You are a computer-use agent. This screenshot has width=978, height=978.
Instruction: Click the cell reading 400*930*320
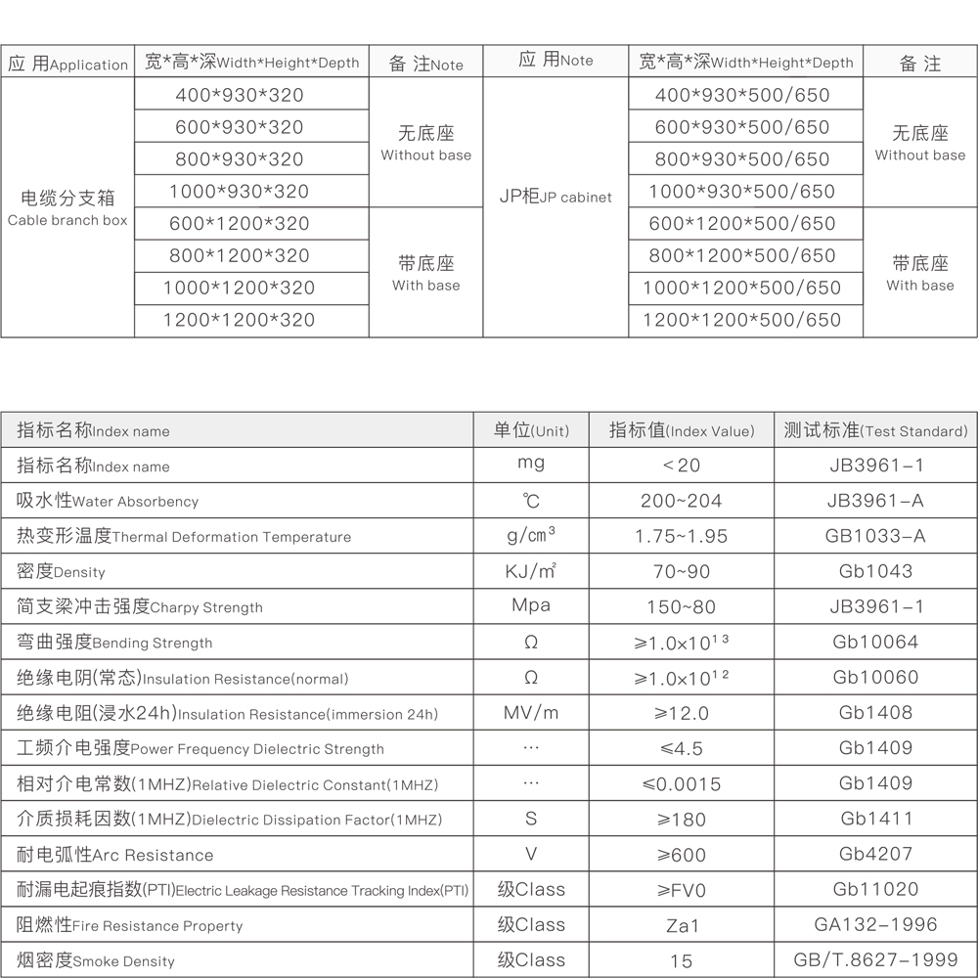240,95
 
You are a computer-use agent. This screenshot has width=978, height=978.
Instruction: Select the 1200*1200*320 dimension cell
240,320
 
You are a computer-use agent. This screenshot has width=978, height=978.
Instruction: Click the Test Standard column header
876,430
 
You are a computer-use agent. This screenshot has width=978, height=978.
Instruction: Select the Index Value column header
682,430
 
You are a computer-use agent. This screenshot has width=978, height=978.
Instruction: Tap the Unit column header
531,430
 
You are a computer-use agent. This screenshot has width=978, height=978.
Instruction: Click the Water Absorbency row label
108,501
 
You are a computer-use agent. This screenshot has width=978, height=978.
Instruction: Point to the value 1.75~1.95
682,536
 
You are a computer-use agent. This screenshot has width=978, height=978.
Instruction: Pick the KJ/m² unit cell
531,571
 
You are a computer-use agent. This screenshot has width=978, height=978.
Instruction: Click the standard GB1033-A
876,536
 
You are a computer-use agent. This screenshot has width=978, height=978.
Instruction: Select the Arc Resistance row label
115,855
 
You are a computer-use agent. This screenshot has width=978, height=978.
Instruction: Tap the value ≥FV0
682,890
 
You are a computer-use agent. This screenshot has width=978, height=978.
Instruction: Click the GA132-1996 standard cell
876,924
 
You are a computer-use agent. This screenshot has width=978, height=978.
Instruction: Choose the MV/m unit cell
531,713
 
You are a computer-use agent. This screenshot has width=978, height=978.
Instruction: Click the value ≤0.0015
682,783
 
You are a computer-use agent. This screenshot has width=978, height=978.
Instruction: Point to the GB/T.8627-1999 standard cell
876,959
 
